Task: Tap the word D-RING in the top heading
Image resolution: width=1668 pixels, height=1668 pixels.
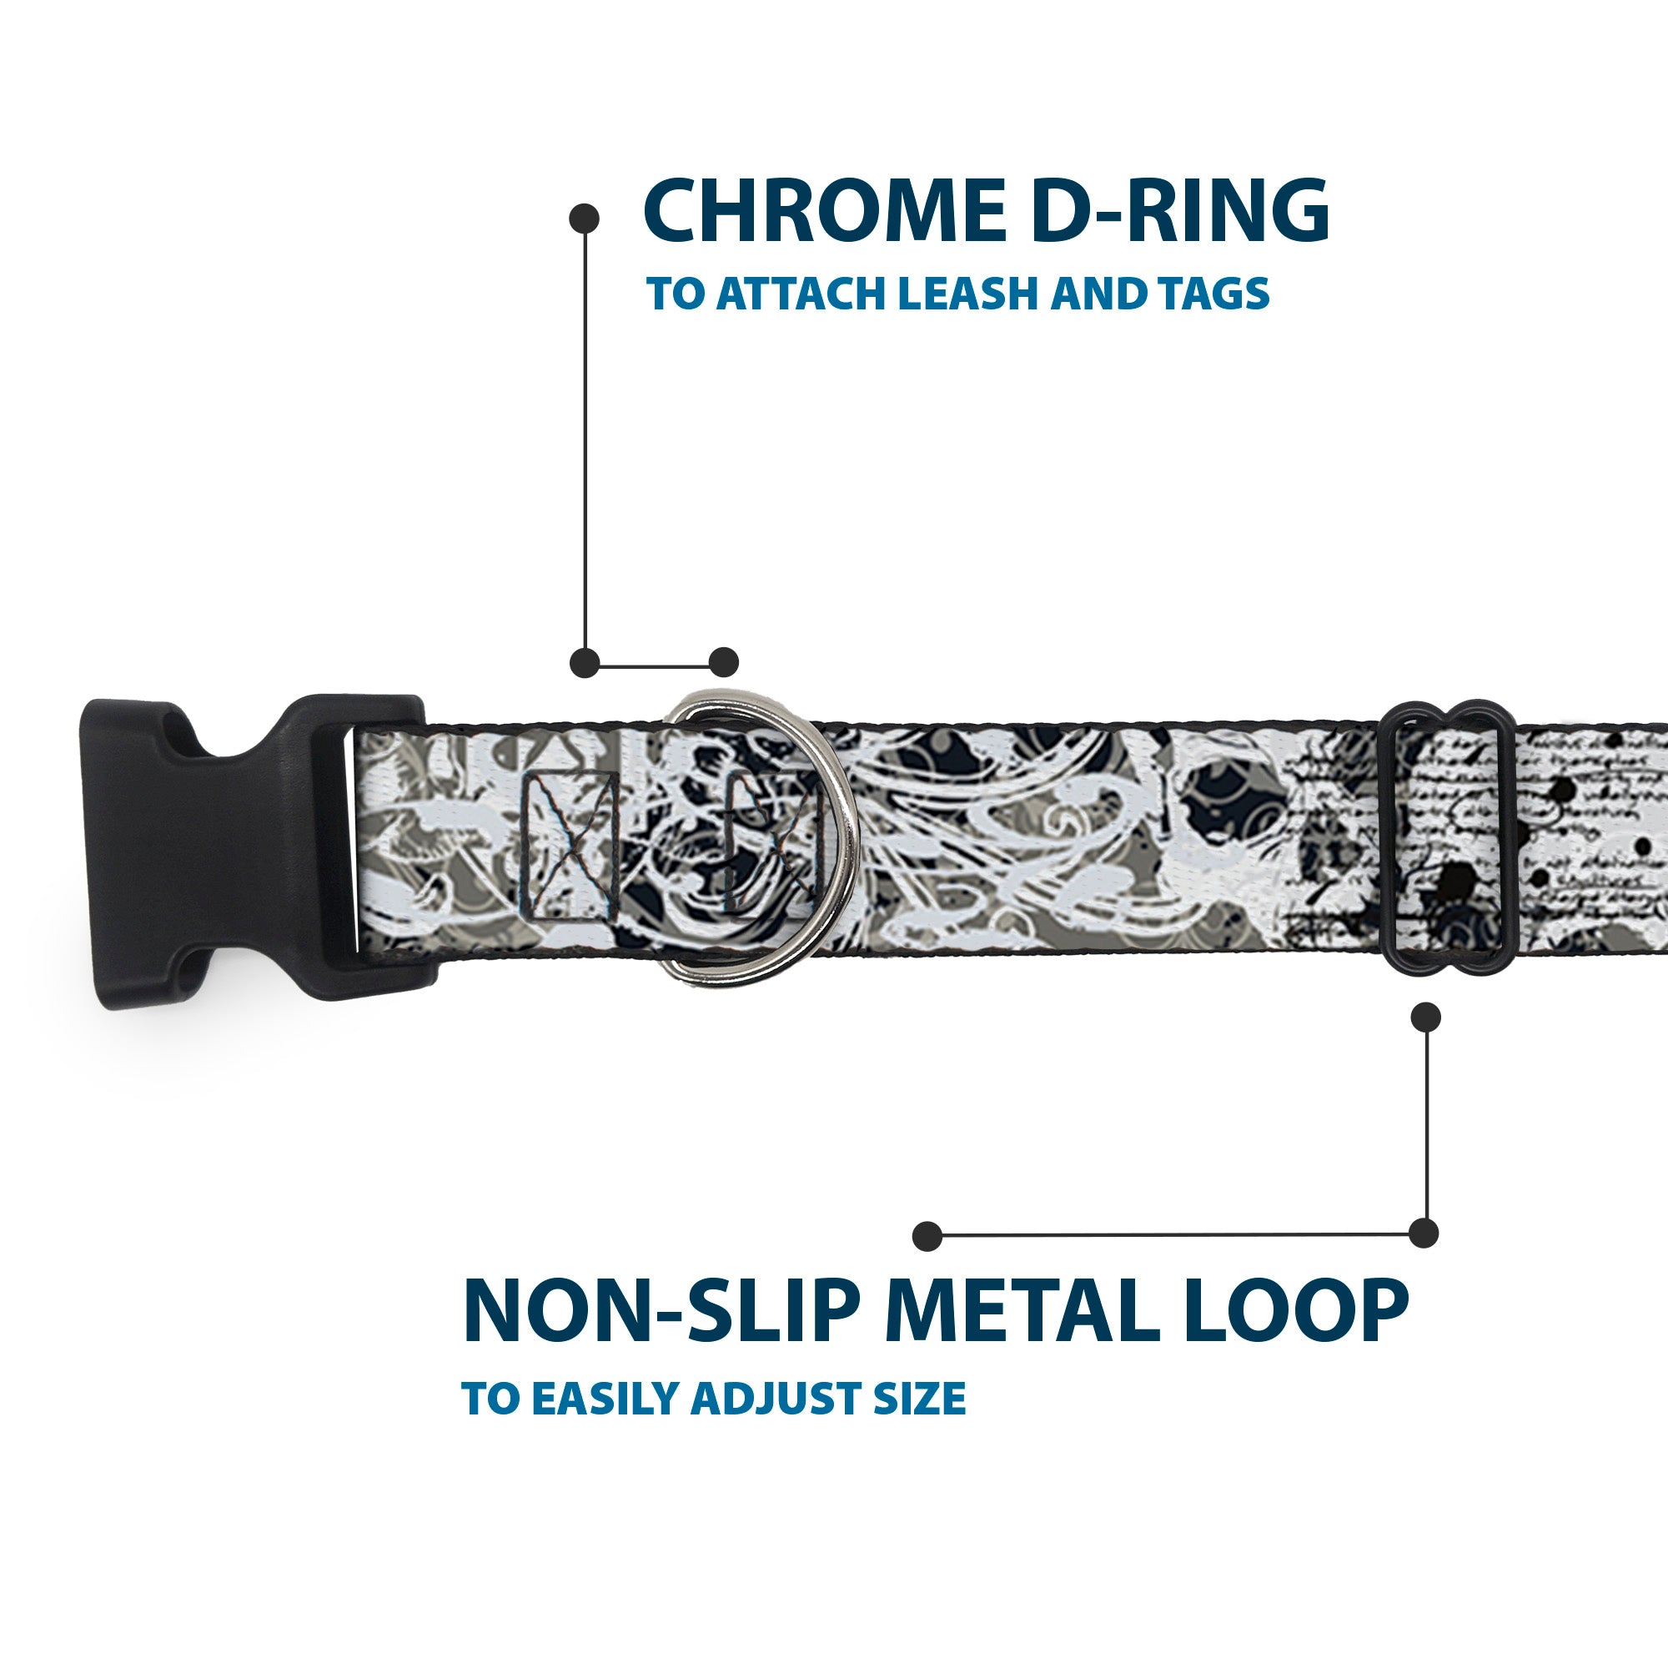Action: [x=1179, y=213]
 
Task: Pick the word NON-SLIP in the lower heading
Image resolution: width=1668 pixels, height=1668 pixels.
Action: [x=663, y=1314]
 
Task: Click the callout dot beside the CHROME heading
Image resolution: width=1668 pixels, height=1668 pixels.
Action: [x=585, y=219]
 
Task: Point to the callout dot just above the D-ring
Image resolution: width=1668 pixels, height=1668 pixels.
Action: [x=723, y=662]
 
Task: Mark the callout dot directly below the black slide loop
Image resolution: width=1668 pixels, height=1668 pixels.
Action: [x=1425, y=1017]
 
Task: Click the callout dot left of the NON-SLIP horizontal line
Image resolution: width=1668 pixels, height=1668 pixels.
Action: [x=927, y=1236]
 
